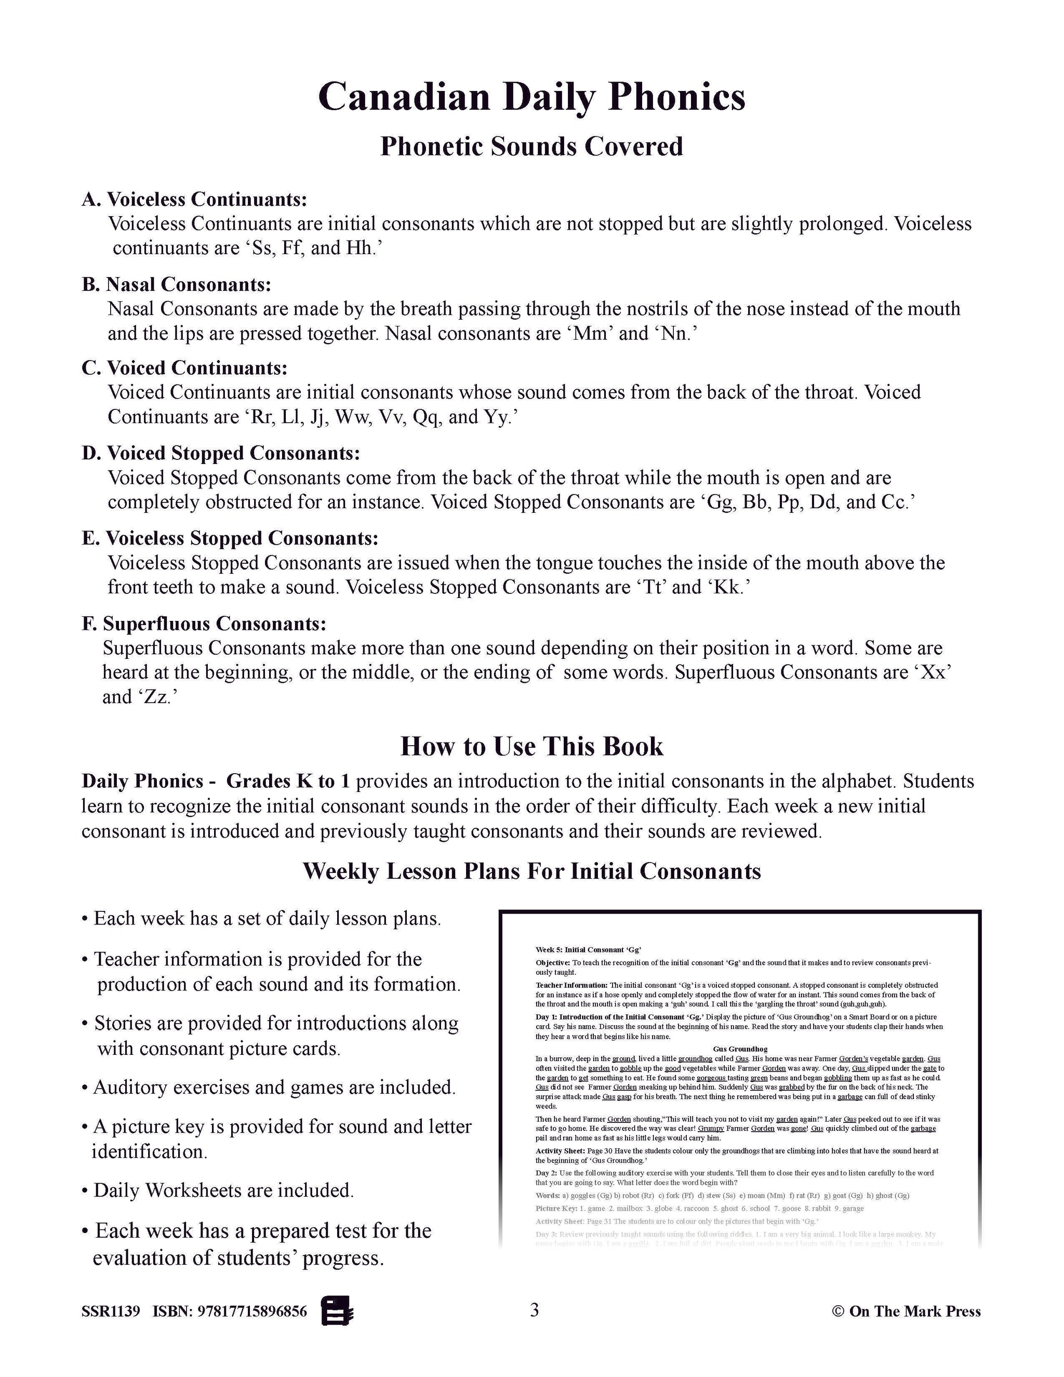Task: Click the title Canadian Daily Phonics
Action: pyautogui.click(x=531, y=98)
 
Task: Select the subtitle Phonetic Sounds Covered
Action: pyautogui.click(x=531, y=147)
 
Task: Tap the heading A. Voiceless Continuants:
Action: pyautogui.click(x=194, y=199)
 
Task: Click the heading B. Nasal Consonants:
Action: pyautogui.click(x=177, y=284)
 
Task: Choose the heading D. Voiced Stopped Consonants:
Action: pyautogui.click(x=221, y=453)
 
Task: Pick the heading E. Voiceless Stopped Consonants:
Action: pyautogui.click(x=230, y=538)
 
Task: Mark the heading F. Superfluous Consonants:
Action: pyautogui.click(x=204, y=624)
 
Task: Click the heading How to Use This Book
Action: pyautogui.click(x=531, y=746)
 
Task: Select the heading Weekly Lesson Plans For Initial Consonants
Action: pyautogui.click(x=531, y=871)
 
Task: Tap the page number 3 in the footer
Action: pyautogui.click(x=535, y=1311)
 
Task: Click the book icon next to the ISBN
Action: pyautogui.click(x=337, y=1312)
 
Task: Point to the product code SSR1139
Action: pyautogui.click(x=110, y=1312)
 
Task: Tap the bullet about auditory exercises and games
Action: pyautogui.click(x=274, y=1087)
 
